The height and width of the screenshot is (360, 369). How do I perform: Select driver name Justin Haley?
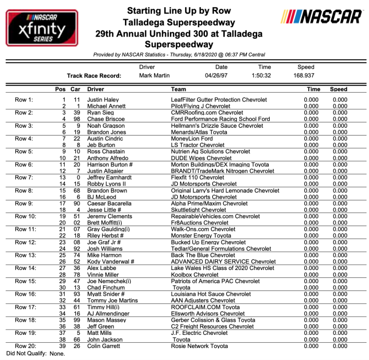(102, 99)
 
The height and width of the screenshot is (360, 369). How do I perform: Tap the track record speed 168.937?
(306, 75)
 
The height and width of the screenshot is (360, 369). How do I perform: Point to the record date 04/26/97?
(222, 75)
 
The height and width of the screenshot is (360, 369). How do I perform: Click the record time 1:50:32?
(264, 75)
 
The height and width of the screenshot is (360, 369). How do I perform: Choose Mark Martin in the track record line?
(154, 75)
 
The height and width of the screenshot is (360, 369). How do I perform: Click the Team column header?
(179, 89)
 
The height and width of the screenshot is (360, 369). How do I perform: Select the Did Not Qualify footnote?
(36, 353)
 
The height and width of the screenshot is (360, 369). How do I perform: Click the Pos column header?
(61, 89)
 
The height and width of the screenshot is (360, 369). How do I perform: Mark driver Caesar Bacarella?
(110, 203)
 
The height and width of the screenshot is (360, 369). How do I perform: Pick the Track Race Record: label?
(94, 75)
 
